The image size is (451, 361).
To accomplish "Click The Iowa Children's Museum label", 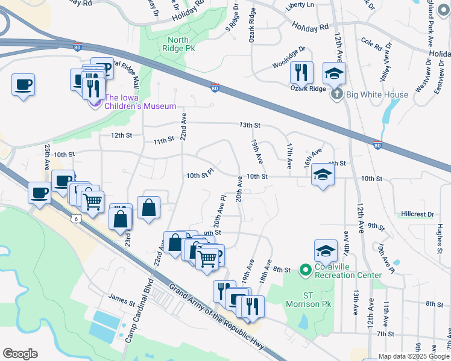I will click(x=140, y=102).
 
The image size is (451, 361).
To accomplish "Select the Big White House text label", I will click(x=378, y=94).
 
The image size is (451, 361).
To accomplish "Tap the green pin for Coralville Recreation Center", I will click(x=306, y=270).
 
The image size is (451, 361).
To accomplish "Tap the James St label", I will click(x=118, y=296).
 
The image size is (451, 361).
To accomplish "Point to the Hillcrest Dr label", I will click(x=417, y=214).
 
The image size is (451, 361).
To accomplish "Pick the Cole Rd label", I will click(x=372, y=46).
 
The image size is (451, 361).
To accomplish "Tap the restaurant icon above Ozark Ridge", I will click(x=301, y=73).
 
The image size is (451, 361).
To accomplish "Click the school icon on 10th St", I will click(x=323, y=175).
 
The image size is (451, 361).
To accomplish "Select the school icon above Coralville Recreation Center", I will click(x=326, y=251).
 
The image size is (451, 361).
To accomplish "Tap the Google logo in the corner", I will click(x=20, y=354).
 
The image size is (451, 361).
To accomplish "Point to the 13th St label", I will click(x=250, y=125).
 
